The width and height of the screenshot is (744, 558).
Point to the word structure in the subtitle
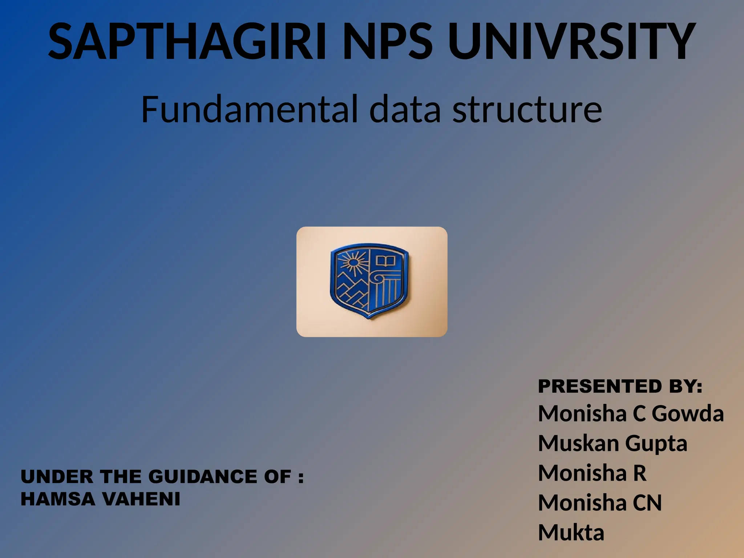click(x=527, y=109)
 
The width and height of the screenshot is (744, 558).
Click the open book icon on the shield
click(x=385, y=261)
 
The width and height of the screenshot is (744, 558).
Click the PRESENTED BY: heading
click(x=620, y=386)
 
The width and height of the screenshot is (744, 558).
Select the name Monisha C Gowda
click(x=631, y=414)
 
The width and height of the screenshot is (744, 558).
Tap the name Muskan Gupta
click(x=612, y=444)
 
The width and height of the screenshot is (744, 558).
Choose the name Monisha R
click(x=592, y=473)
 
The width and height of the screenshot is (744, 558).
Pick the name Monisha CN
click(x=600, y=503)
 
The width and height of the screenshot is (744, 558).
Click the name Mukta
click(x=571, y=533)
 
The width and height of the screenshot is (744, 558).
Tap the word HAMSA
click(x=58, y=499)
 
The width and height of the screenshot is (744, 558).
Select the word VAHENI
click(x=141, y=499)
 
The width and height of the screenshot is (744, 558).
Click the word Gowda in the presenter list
click(x=687, y=414)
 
